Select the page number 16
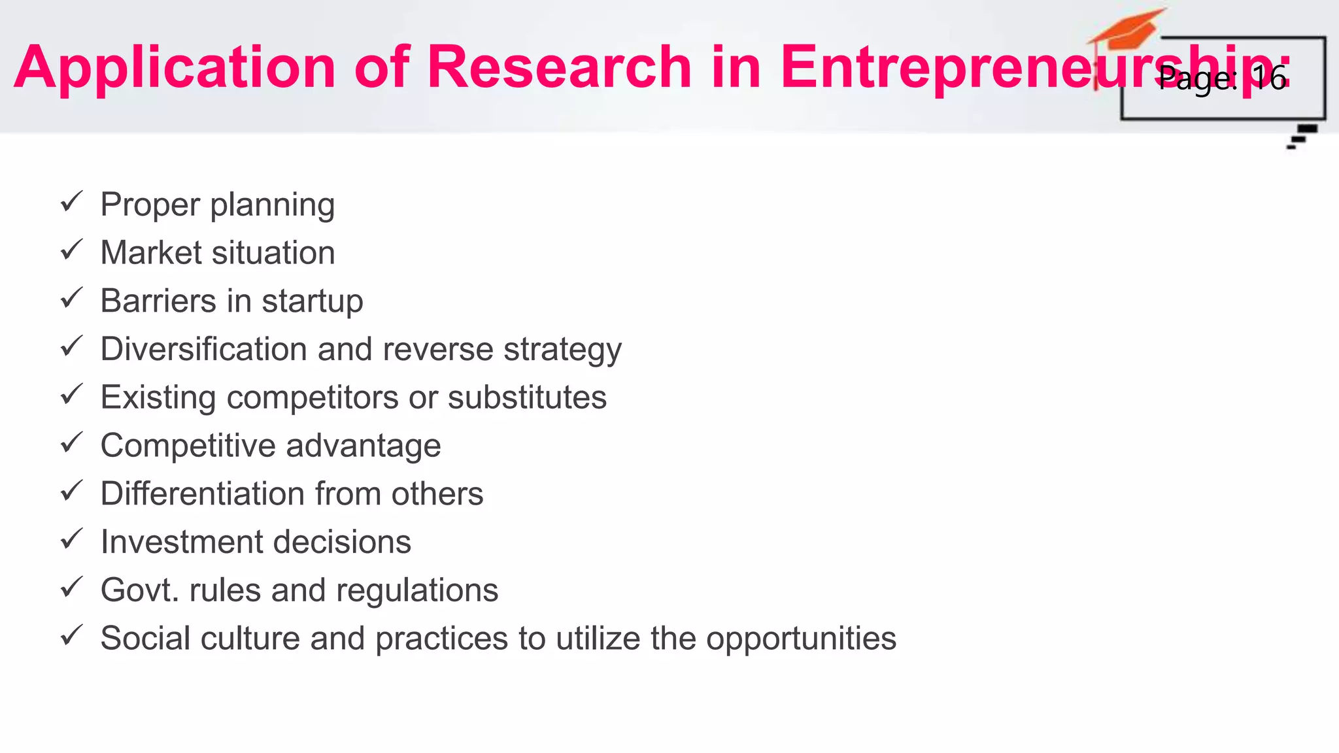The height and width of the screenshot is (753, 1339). click(x=1268, y=78)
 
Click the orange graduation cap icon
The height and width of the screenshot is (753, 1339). click(x=1126, y=33)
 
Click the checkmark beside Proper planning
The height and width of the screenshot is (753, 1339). click(x=71, y=202)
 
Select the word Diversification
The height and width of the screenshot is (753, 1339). click(x=203, y=349)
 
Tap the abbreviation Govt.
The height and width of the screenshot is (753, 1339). click(x=139, y=590)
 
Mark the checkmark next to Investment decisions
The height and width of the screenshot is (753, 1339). click(x=71, y=539)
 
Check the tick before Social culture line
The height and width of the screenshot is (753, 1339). click(x=71, y=635)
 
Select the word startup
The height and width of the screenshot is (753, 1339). click(x=312, y=302)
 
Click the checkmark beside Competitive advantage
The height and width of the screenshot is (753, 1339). click(x=71, y=443)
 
